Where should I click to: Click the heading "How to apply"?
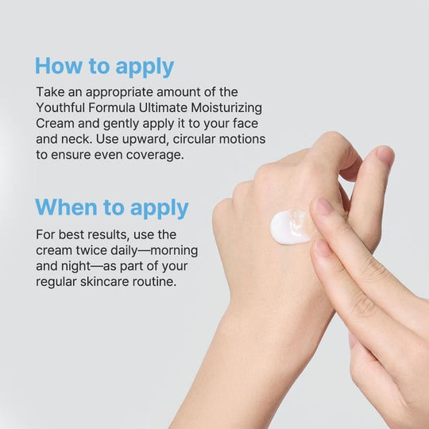click(x=104, y=66)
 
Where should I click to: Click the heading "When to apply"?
click(x=112, y=208)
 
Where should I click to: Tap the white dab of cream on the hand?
click(x=290, y=226)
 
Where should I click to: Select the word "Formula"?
click(x=114, y=108)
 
